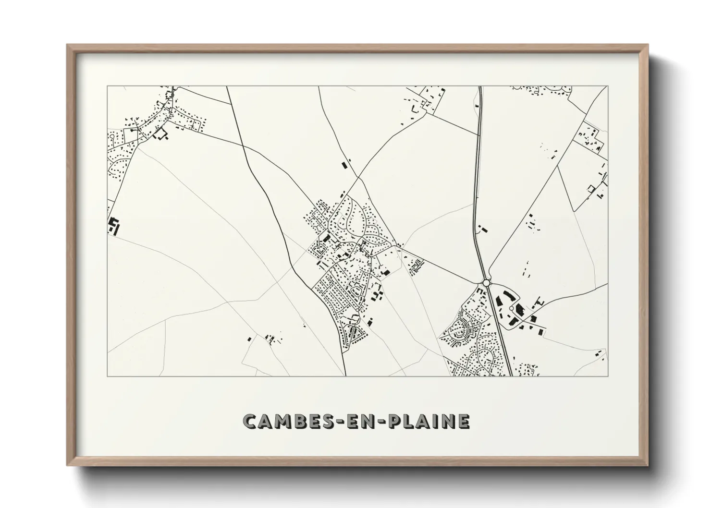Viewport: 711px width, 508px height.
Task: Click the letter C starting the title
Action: tap(252, 421)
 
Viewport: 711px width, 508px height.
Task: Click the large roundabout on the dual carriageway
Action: tap(486, 283)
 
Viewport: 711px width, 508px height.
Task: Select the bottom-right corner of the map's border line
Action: tap(608, 376)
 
